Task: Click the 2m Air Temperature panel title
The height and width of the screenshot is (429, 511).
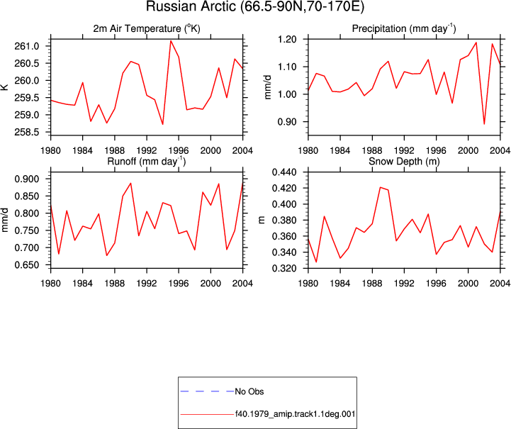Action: click(x=147, y=28)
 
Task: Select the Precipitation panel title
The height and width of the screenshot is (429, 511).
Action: click(x=404, y=28)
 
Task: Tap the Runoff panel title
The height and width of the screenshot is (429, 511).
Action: click(x=147, y=162)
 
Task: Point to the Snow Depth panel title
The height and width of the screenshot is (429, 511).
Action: click(x=404, y=162)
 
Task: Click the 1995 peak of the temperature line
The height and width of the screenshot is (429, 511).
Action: click(x=171, y=40)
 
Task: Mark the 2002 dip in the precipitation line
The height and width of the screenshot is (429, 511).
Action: click(x=484, y=124)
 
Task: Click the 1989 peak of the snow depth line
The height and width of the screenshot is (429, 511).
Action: click(x=380, y=187)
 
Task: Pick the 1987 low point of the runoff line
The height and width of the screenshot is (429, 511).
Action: click(x=106, y=255)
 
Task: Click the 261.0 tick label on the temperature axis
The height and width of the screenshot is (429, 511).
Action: click(x=27, y=46)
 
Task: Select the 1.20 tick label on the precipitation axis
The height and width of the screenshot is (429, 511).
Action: click(x=287, y=40)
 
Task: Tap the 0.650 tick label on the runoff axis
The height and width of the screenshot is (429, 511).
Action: click(x=27, y=265)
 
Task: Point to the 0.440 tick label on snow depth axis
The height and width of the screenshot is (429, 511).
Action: click(x=284, y=172)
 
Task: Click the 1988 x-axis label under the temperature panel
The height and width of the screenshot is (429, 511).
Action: click(x=115, y=150)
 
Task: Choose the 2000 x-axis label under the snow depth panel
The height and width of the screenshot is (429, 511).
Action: click(x=468, y=284)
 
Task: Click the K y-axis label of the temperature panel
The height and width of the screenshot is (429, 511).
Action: click(x=4, y=87)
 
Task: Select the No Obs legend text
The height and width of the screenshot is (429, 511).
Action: click(x=249, y=391)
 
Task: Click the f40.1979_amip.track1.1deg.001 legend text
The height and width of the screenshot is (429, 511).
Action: click(x=296, y=414)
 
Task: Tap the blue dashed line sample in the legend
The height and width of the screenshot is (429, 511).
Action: click(x=207, y=391)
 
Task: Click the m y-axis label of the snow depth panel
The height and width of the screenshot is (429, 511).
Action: click(x=262, y=220)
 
